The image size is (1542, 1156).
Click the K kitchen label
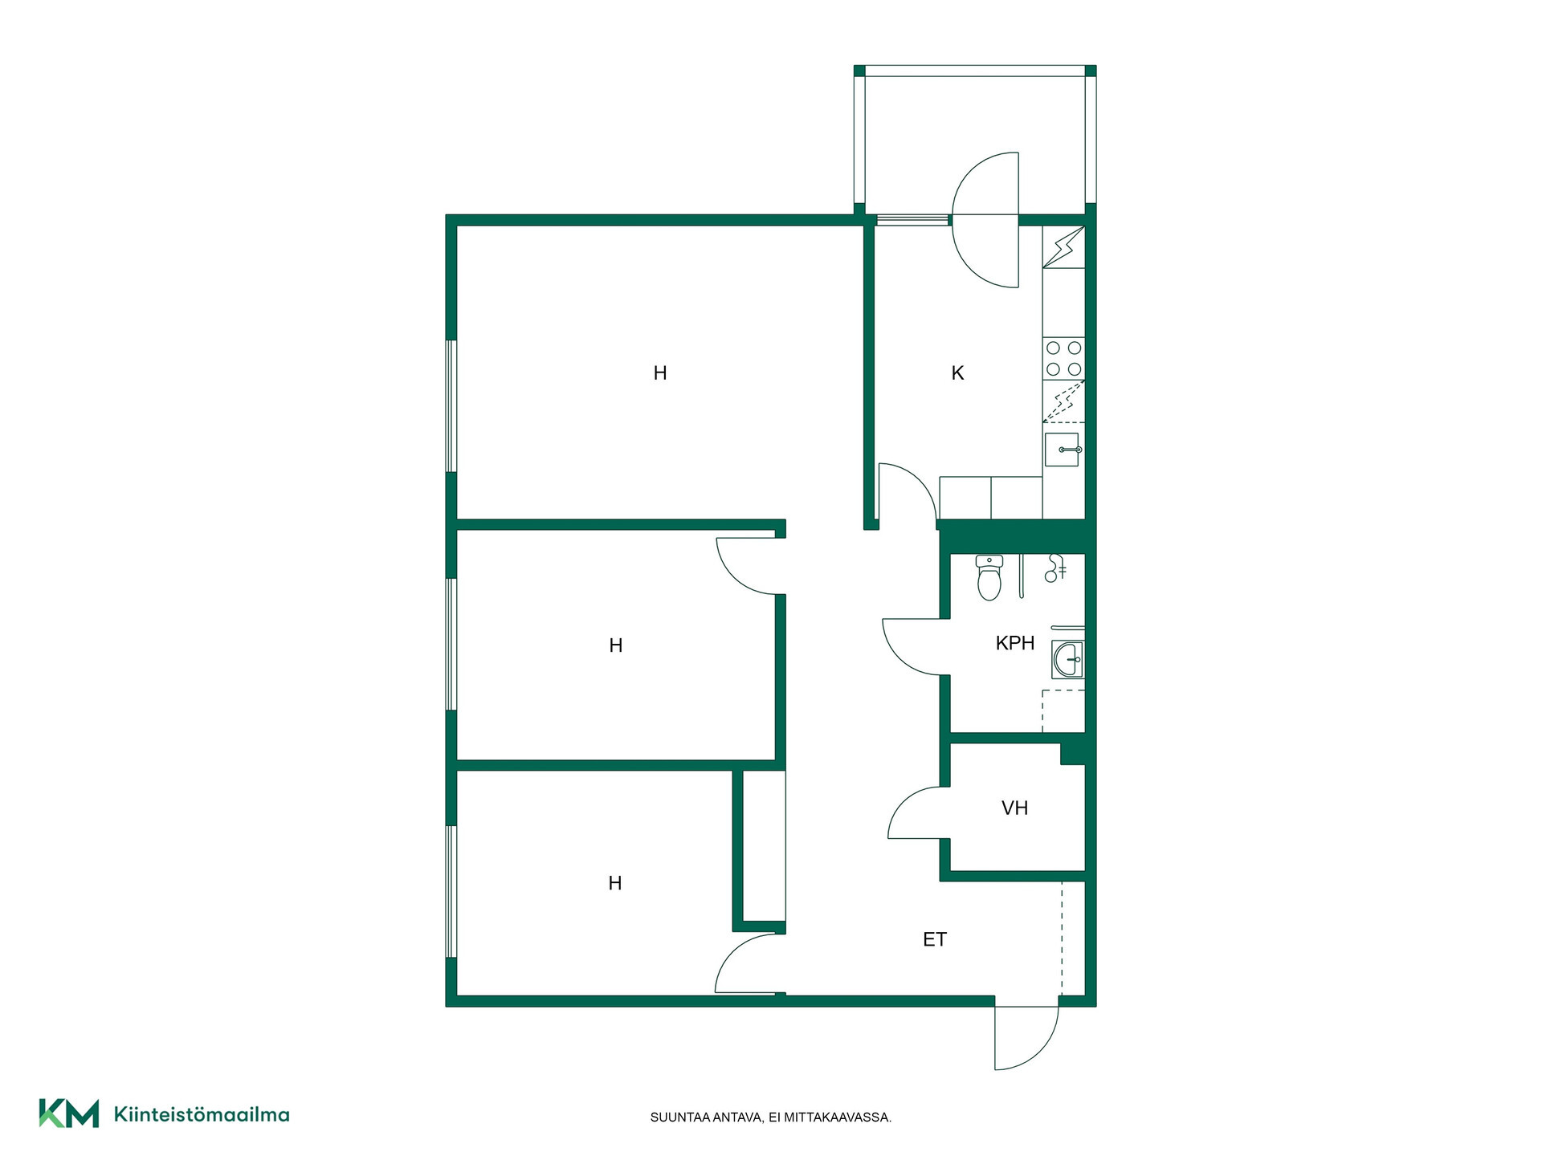[957, 373]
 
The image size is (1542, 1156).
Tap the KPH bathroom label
[1015, 643]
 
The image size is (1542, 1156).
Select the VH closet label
[1015, 808]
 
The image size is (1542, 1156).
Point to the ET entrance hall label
[935, 940]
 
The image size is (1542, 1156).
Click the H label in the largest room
[660, 373]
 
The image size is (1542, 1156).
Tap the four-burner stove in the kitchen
[1063, 358]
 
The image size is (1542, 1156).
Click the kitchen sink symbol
[1062, 450]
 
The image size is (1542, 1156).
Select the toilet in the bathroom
[989, 577]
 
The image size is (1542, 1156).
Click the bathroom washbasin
[1068, 661]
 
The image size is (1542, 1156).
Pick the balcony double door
[986, 219]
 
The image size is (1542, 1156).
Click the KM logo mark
[69, 1113]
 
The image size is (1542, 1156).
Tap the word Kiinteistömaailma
[202, 1114]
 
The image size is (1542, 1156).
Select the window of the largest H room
[451, 406]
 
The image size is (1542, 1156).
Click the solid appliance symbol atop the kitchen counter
[1064, 248]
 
